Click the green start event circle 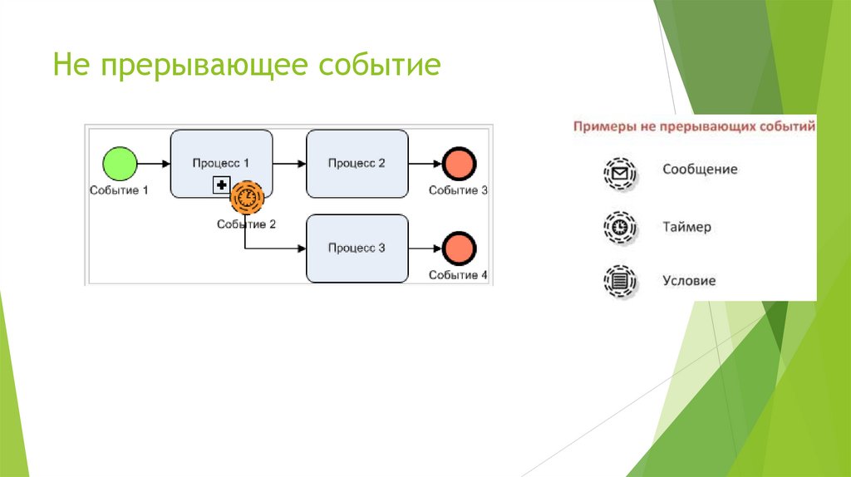tap(120, 163)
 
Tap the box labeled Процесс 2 tap(357, 164)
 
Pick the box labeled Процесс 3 tap(357, 248)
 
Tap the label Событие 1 tap(119, 190)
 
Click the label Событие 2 tap(246, 224)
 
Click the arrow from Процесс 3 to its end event tap(425, 248)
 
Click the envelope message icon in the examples tap(619, 173)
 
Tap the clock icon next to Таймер tap(619, 227)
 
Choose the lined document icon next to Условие tap(619, 281)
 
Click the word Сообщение tap(700, 170)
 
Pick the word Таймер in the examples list tap(686, 226)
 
